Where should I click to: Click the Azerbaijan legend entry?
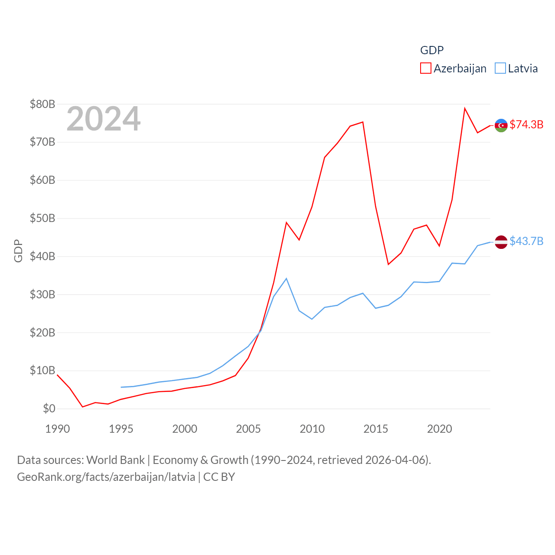tap(454, 69)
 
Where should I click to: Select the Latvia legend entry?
tap(516, 69)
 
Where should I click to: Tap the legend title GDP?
tap(432, 50)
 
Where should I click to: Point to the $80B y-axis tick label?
tap(42, 104)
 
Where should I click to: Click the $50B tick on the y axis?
tap(42, 218)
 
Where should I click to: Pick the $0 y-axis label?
tap(49, 408)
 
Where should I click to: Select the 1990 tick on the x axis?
tap(57, 429)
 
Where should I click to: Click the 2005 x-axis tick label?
tap(248, 429)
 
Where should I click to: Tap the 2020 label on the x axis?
tap(440, 429)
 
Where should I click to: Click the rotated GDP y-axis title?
tap(18, 251)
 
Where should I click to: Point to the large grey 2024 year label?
tap(103, 119)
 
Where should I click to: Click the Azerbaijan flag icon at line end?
tap(501, 125)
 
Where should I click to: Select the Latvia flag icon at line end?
tap(501, 242)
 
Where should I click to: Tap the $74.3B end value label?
tap(526, 124)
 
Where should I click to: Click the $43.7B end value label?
tap(526, 241)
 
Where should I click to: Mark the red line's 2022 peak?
tap(465, 108)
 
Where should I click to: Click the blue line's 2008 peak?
tap(286, 278)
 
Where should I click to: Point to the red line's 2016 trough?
tap(388, 264)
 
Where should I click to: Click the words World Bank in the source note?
tap(115, 460)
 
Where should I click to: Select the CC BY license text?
tap(219, 477)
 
